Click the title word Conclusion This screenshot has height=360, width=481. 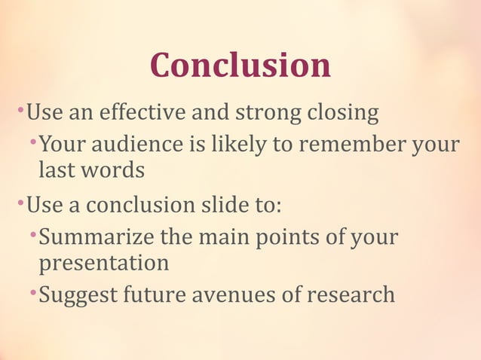coord(240,66)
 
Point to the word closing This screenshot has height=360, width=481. coord(342,114)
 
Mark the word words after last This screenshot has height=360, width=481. coord(112,170)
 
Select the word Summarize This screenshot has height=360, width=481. coord(98,237)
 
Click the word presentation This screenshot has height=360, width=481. coord(104,264)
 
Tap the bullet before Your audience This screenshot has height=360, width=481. coord(32,142)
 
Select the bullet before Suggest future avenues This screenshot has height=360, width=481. coord(32,292)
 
